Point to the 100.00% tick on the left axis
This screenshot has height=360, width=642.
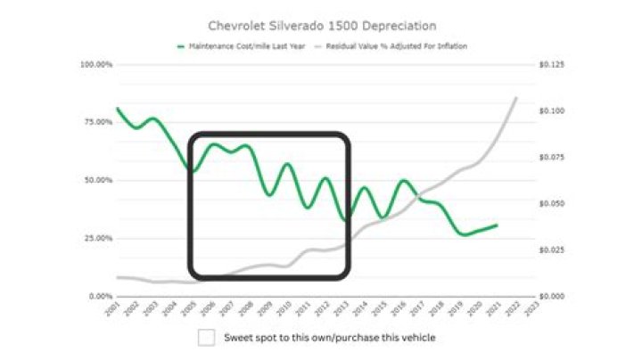[96, 65]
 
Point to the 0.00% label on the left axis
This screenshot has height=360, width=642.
[100, 296]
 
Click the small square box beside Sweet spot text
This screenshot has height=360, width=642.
[207, 338]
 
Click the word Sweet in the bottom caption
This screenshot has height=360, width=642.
[237, 338]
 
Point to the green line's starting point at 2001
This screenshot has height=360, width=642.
[118, 109]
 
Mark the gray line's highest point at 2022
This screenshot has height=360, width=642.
[516, 97]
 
